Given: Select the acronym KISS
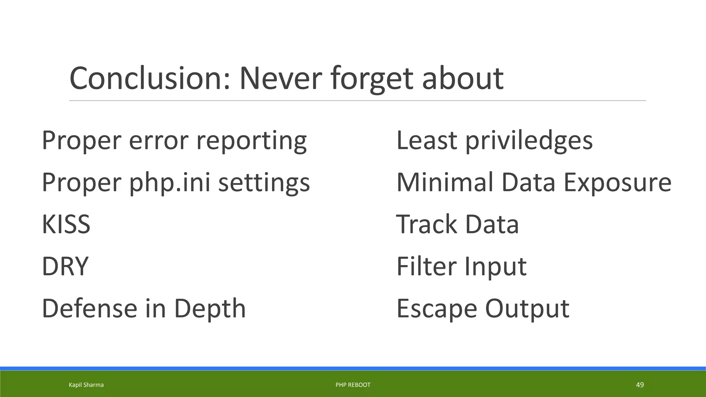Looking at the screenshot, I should click(x=66, y=224).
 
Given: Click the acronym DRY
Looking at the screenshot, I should click(x=65, y=266).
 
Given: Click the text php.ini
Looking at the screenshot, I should click(x=170, y=182).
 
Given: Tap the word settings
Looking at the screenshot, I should click(x=264, y=182).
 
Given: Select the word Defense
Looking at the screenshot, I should click(x=89, y=308).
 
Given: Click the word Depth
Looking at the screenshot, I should click(x=210, y=308).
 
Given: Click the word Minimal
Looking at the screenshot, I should click(x=445, y=182).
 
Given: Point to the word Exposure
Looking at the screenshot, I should click(x=617, y=182).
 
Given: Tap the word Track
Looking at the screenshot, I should click(x=426, y=224).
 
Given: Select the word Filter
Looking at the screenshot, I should click(x=426, y=266).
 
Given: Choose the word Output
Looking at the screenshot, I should click(x=527, y=308).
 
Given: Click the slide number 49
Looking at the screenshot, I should click(x=639, y=385).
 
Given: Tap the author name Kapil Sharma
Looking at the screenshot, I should click(x=86, y=385).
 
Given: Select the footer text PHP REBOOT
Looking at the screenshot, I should click(x=353, y=385).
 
